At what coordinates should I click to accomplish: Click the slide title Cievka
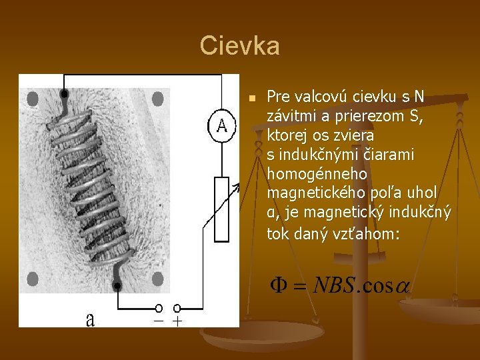pos(239,46)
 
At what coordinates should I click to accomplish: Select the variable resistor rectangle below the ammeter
pos(221,209)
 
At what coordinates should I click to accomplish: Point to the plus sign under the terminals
pos(177,321)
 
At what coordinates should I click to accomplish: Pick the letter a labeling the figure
pos(90,320)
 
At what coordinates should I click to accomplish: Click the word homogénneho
pos(306,174)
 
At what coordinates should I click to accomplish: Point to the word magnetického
pos(311,193)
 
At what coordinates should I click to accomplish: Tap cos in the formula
pos(378,287)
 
